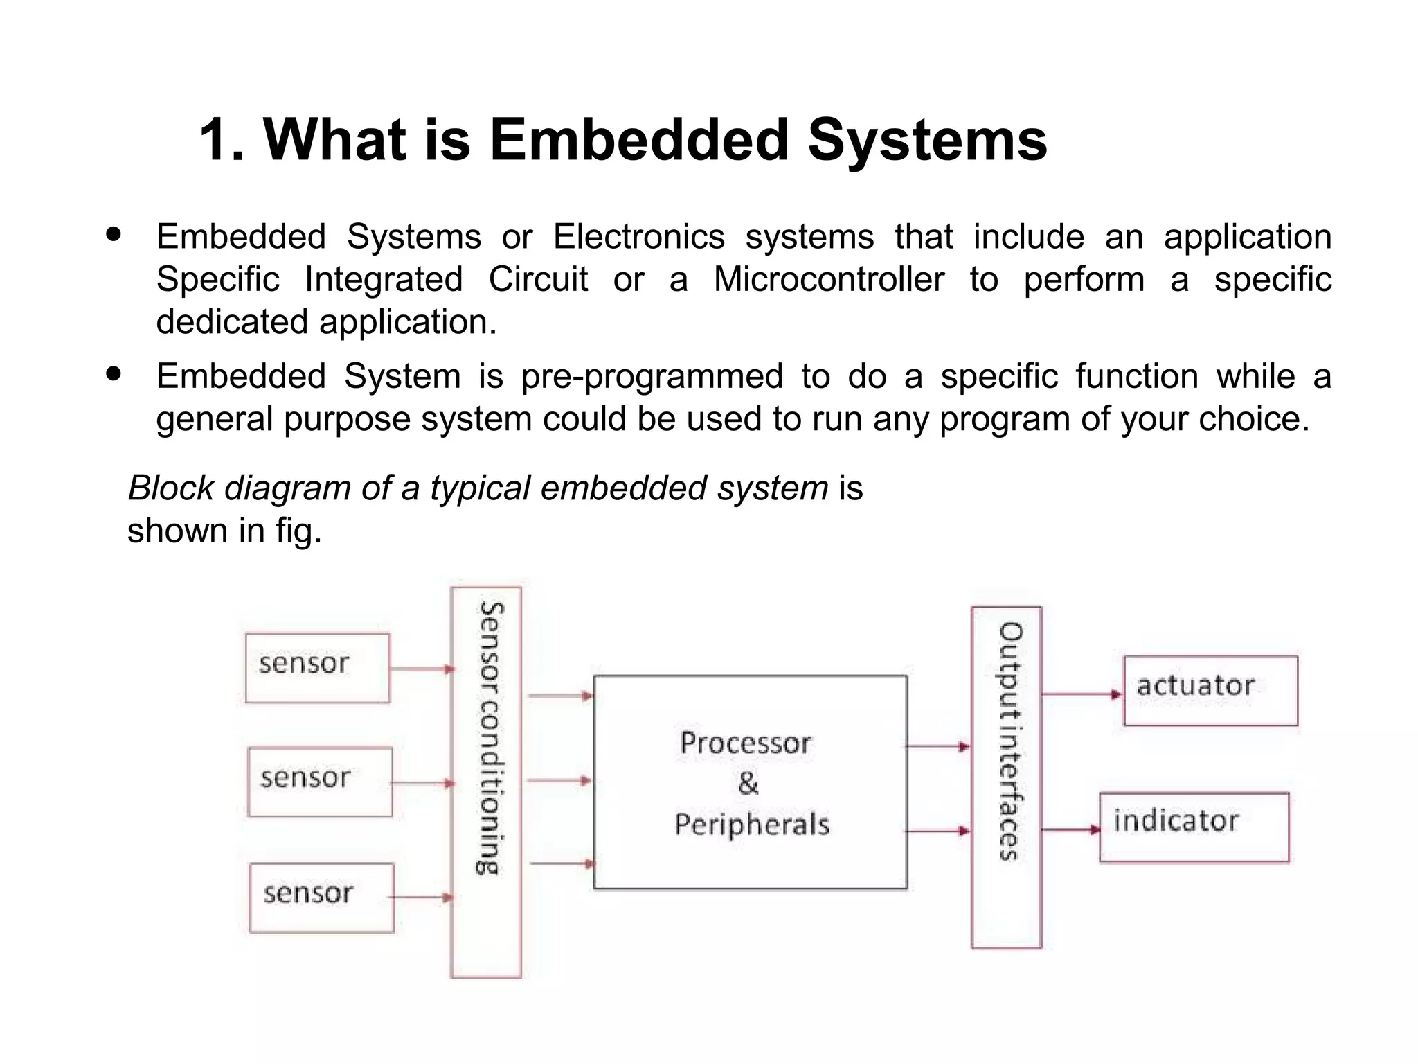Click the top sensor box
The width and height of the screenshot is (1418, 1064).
[x=317, y=668]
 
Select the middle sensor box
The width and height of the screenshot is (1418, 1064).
[x=320, y=781]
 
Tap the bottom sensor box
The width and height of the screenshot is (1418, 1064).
[x=321, y=897]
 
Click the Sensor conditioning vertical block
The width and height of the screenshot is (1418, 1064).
[x=486, y=781]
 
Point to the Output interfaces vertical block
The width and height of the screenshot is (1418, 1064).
[x=1006, y=777]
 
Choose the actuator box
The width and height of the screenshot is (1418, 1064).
[x=1210, y=690]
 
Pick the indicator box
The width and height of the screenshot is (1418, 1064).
[x=1194, y=827]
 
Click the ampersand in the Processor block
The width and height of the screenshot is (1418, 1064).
[x=748, y=784]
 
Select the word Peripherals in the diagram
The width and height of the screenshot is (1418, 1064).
[x=752, y=824]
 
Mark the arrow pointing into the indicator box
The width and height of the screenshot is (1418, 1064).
[x=1070, y=829]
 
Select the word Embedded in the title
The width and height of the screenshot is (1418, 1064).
[x=638, y=141]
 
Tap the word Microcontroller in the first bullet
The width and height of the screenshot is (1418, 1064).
[x=829, y=280]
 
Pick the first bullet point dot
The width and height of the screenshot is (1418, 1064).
[x=114, y=234]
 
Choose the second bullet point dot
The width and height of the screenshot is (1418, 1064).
[x=114, y=374]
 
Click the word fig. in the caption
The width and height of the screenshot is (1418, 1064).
[x=299, y=531]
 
